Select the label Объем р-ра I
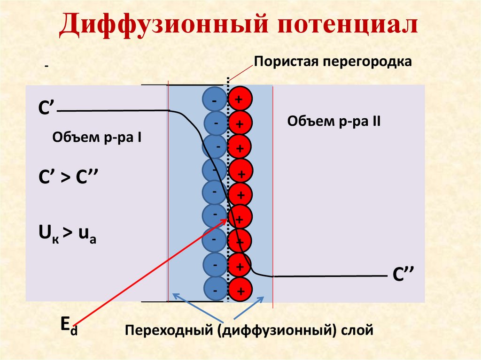coord(97,138)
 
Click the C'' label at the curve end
coord(402,276)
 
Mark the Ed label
coord(69,325)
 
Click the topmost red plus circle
coord(240,99)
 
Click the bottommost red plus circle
coord(240,291)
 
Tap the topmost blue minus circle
coord(214,99)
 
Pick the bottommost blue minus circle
coord(214,291)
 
